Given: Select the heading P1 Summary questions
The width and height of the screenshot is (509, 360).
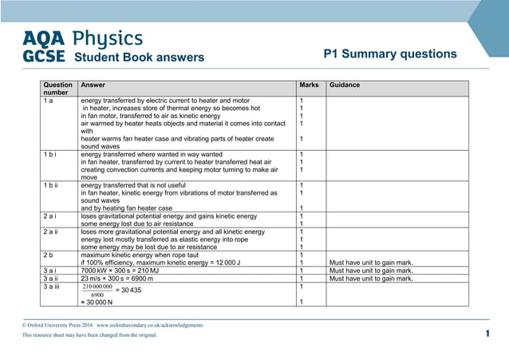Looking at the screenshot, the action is (x=390, y=54).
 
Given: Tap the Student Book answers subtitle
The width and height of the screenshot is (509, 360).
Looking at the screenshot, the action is (x=139, y=57).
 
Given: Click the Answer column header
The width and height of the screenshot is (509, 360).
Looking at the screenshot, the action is (x=93, y=85).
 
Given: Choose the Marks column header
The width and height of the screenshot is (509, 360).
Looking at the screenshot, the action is (x=309, y=85).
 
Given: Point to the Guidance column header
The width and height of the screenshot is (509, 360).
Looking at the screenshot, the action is (x=345, y=85).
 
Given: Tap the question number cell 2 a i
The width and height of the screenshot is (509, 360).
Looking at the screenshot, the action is (x=53, y=216).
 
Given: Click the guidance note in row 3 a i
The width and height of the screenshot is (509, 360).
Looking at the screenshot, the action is (x=370, y=271).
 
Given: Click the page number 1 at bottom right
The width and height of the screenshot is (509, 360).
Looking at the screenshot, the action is (x=487, y=334).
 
